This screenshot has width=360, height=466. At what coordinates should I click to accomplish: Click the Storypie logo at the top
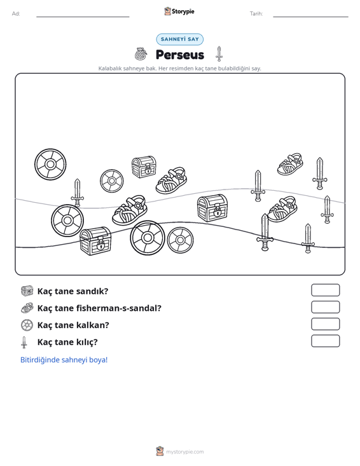[179, 11]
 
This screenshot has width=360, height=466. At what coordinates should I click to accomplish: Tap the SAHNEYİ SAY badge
[180, 39]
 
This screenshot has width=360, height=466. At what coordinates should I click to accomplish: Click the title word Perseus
[180, 55]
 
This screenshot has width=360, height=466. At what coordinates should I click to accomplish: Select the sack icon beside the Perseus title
[141, 54]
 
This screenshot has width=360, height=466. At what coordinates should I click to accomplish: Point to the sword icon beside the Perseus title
[219, 54]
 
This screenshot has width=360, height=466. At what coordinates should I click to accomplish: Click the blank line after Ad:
[83, 17]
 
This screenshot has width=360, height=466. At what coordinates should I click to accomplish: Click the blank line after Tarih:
[310, 17]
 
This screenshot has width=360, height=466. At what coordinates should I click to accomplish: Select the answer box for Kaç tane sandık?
[326, 290]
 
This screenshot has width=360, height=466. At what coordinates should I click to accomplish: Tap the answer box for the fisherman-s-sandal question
[326, 307]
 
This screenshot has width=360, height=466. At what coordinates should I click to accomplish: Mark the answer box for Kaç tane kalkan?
[326, 324]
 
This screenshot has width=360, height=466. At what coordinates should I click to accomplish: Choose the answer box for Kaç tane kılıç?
[326, 341]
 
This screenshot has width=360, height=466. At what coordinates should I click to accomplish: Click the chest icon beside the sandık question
[27, 291]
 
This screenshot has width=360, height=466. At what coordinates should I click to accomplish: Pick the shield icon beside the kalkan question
[27, 325]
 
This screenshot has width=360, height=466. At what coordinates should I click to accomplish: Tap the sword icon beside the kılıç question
[24, 343]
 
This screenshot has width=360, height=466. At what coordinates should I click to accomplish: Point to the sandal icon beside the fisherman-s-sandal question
[27, 308]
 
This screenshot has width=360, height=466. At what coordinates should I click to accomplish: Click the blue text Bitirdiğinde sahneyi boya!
[64, 360]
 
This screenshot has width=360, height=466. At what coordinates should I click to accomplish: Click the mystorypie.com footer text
[185, 452]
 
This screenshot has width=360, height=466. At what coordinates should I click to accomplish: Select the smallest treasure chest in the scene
[144, 167]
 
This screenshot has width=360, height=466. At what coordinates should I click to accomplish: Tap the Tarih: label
[256, 14]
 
